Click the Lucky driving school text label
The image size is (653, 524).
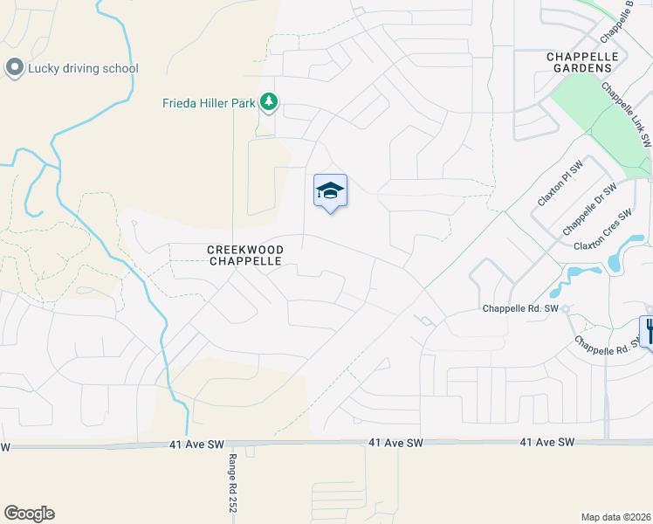pos(83,68)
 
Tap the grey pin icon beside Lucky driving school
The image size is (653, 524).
pos(14,67)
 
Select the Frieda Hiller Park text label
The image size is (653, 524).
pos(209,103)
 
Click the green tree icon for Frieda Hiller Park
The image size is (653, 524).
pos(269,103)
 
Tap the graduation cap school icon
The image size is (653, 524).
pos(330,190)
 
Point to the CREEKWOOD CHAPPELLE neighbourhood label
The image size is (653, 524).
pos(245,255)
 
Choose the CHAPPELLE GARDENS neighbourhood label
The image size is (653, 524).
pos(582,63)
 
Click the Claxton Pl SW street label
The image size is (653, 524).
pos(559,184)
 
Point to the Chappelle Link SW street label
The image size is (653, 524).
pos(627,114)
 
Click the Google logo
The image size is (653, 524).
pos(29,514)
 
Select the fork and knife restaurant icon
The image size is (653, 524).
pos(648,331)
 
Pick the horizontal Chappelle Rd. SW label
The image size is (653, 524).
pos(520,309)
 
